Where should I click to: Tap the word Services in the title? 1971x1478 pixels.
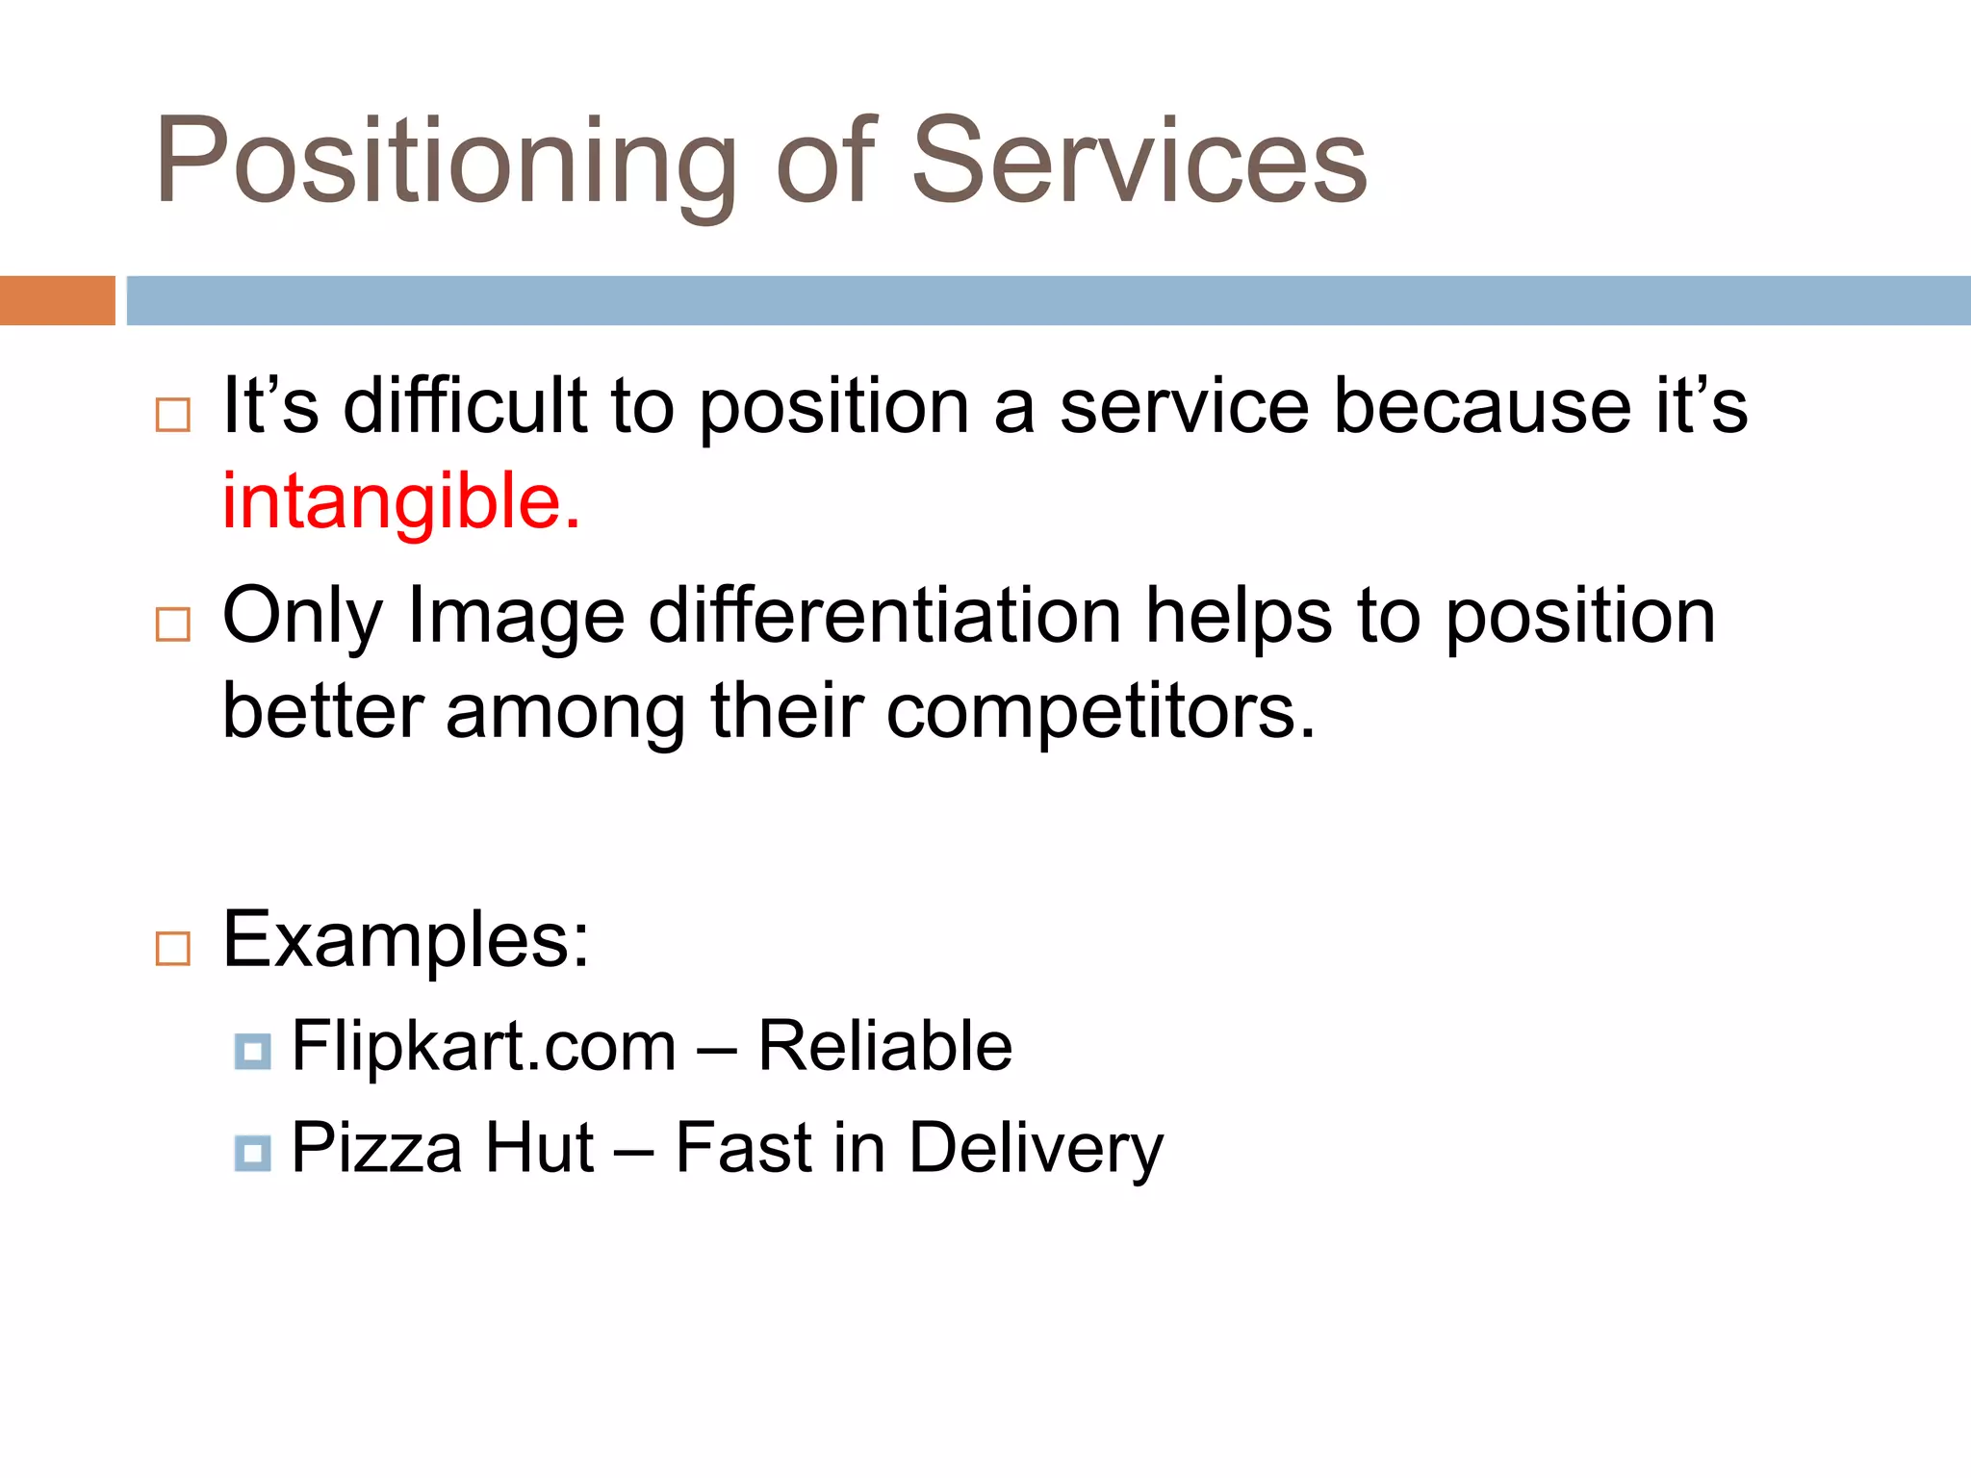pos(1139,162)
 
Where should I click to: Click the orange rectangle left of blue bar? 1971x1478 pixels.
pos(57,300)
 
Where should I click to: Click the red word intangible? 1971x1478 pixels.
pos(400,502)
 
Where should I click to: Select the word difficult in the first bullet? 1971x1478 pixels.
pos(465,406)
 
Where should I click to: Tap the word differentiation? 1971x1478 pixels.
pos(884,616)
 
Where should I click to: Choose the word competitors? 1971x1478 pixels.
pos(1100,712)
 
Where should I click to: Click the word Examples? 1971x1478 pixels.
pos(404,941)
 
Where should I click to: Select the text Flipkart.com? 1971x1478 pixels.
pos(484,1046)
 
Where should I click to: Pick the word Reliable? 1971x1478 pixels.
pos(884,1046)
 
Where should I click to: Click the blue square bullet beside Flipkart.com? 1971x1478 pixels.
pos(252,1051)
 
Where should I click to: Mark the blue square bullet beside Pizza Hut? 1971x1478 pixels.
pos(252,1152)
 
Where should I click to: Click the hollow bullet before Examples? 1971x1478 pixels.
pos(173,949)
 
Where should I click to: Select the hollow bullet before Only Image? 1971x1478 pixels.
pos(173,624)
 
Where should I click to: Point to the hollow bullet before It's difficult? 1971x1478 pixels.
pos(173,415)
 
